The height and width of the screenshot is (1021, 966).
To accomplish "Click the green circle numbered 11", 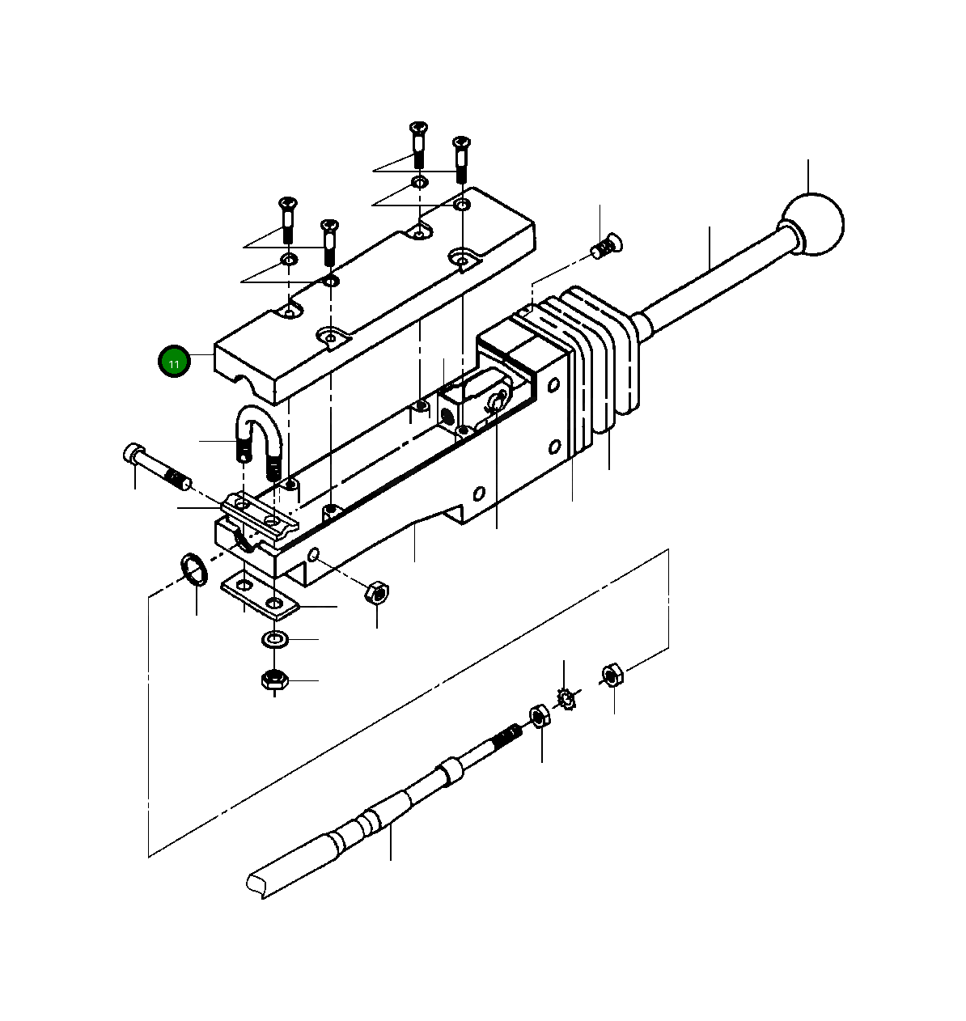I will tap(174, 362).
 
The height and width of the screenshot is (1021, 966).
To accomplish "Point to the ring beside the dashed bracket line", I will tap(193, 570).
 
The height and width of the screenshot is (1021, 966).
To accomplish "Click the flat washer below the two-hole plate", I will tap(276, 640).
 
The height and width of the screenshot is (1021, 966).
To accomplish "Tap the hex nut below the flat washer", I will tap(276, 679).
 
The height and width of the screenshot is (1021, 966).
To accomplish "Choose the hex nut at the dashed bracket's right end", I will tap(612, 674).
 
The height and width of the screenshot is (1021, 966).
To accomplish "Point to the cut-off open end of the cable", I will tap(258, 883).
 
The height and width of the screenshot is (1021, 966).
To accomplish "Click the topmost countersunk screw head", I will tap(418, 127).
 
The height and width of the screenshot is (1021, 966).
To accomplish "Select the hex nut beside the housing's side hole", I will tap(376, 592).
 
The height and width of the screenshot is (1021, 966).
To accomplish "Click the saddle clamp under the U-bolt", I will tap(259, 515).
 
